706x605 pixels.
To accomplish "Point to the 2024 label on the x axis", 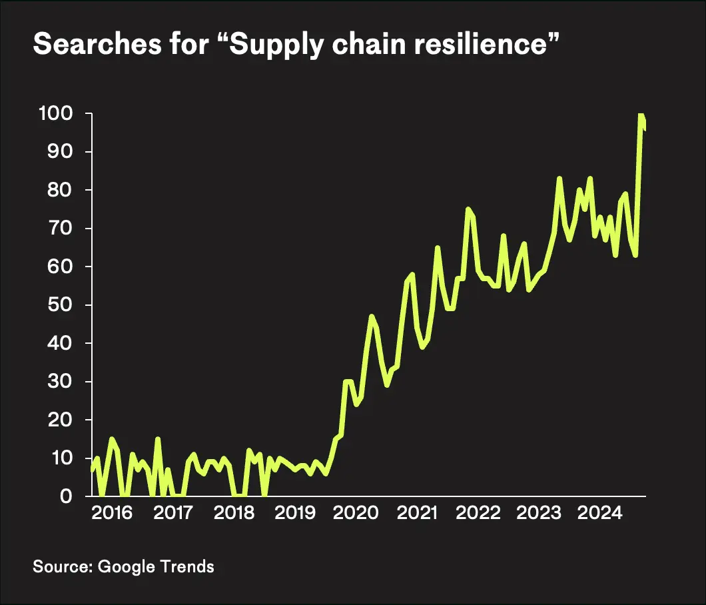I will [x=598, y=514].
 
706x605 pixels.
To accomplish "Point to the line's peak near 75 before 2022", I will [x=468, y=209].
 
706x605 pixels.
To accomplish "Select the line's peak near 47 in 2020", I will [x=372, y=316].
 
